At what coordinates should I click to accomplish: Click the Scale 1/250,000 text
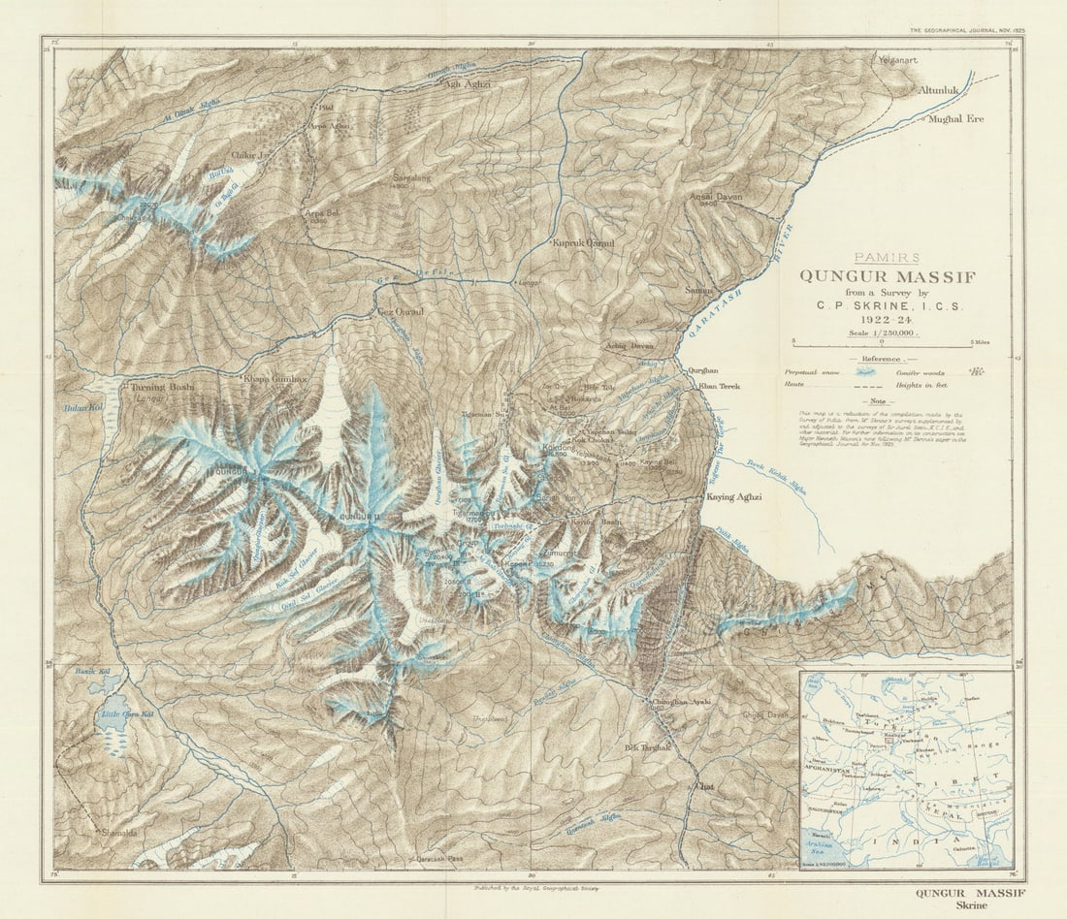click(883, 332)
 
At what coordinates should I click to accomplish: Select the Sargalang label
click(411, 179)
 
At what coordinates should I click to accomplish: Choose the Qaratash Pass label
click(443, 859)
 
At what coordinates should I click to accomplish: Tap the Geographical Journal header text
click(966, 31)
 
